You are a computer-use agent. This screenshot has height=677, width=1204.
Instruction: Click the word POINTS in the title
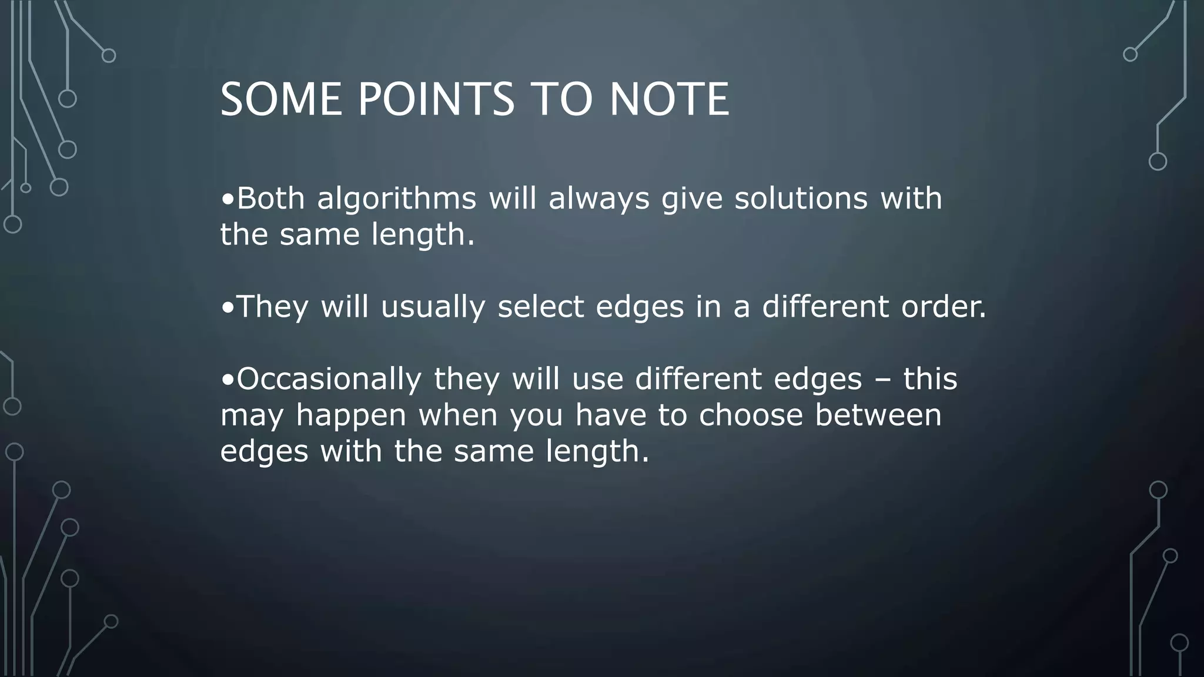436,100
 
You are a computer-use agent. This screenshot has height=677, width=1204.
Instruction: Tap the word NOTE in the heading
669,100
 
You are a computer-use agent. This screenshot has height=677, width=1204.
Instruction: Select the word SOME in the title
281,100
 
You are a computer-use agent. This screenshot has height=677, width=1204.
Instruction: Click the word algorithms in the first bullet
396,199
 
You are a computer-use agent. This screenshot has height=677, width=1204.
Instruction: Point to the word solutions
801,199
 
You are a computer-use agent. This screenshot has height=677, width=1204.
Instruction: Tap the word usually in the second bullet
433,307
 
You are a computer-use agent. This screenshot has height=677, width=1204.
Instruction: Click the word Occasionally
329,379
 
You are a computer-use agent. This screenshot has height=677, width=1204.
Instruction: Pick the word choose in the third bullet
750,415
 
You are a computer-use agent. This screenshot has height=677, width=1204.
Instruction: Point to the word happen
351,415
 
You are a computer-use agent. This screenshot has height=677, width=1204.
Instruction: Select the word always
598,199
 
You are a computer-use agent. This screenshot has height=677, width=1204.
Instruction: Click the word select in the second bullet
540,307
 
